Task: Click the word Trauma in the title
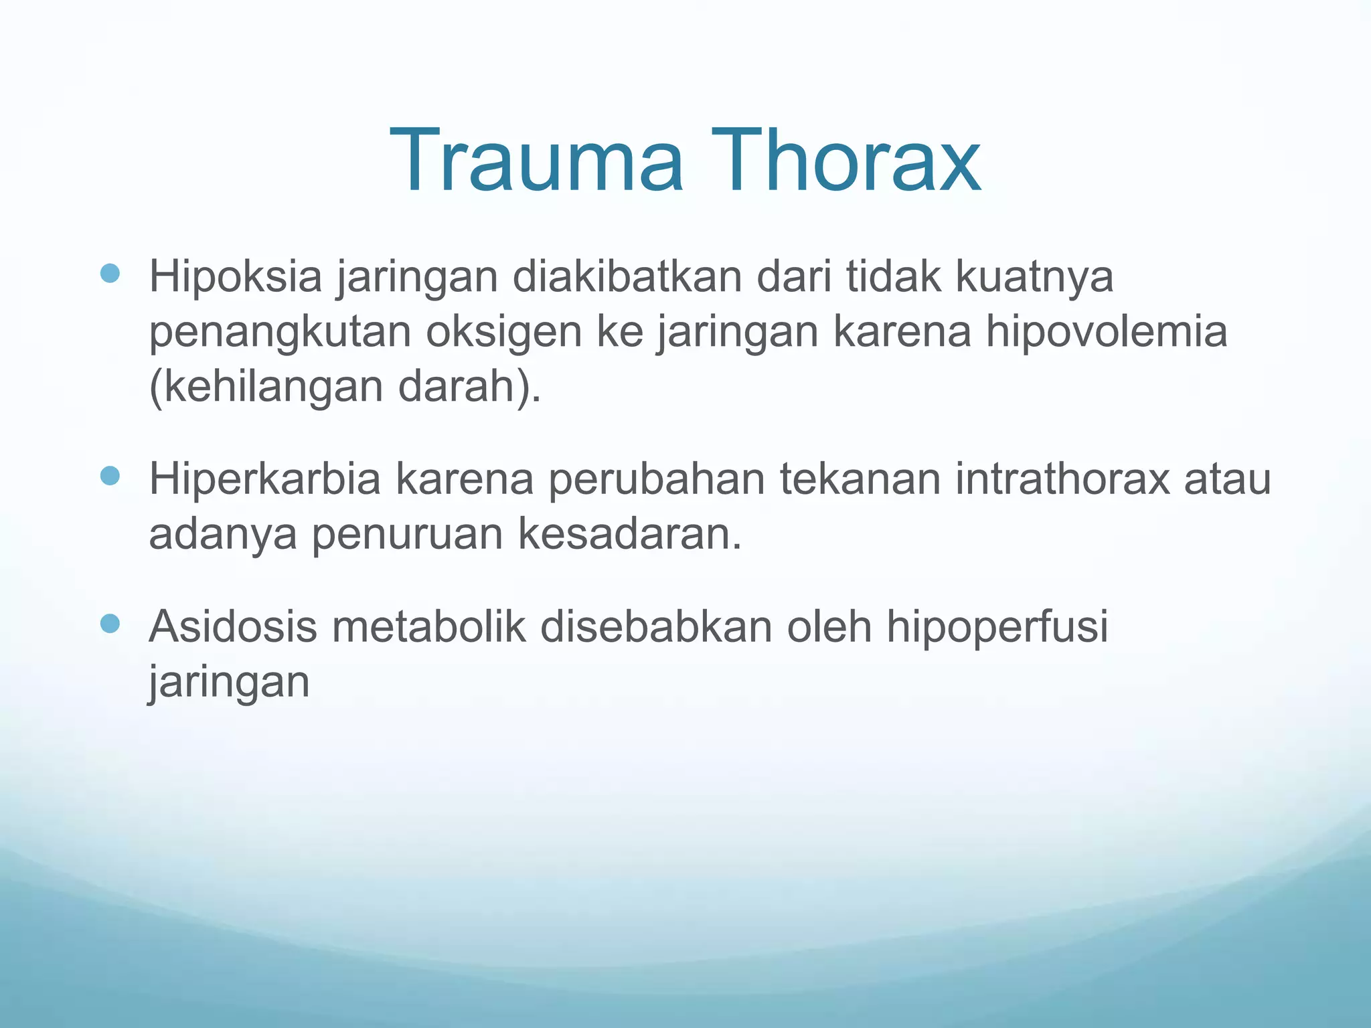pyautogui.click(x=536, y=161)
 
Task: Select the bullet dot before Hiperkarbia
pyautogui.click(x=110, y=476)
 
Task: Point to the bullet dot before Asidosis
pyautogui.click(x=110, y=624)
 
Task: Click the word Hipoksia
pyautogui.click(x=235, y=277)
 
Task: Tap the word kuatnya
pyautogui.click(x=1034, y=277)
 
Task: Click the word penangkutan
pyautogui.click(x=280, y=333)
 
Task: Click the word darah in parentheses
pyautogui.click(x=461, y=387)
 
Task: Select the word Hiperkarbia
pyautogui.click(x=265, y=480)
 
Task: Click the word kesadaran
pyautogui.click(x=629, y=535)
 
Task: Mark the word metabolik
pyautogui.click(x=429, y=627)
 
